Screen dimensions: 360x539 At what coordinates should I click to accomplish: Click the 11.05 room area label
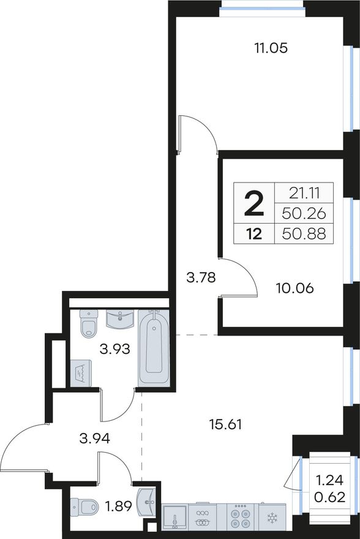271,48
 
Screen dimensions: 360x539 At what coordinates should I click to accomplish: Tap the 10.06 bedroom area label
294,288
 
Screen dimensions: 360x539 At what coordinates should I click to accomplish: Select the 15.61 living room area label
226,424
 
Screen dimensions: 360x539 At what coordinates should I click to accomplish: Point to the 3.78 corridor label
201,277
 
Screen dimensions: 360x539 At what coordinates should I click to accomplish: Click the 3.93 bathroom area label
115,349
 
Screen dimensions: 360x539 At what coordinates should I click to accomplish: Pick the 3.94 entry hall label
94,439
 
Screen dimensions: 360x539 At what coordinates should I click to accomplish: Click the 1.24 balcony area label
330,480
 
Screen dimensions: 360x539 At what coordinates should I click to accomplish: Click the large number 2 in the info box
254,203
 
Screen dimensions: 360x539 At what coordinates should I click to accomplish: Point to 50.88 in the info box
304,234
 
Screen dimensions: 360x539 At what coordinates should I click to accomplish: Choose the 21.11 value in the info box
304,194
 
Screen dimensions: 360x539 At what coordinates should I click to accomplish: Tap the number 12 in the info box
254,234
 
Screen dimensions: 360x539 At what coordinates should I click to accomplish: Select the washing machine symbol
81,373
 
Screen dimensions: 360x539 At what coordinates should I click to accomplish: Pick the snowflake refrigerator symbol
272,518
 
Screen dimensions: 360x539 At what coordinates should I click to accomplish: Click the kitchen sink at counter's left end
174,518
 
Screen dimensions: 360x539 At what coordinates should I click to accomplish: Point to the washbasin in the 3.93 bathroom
119,319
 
